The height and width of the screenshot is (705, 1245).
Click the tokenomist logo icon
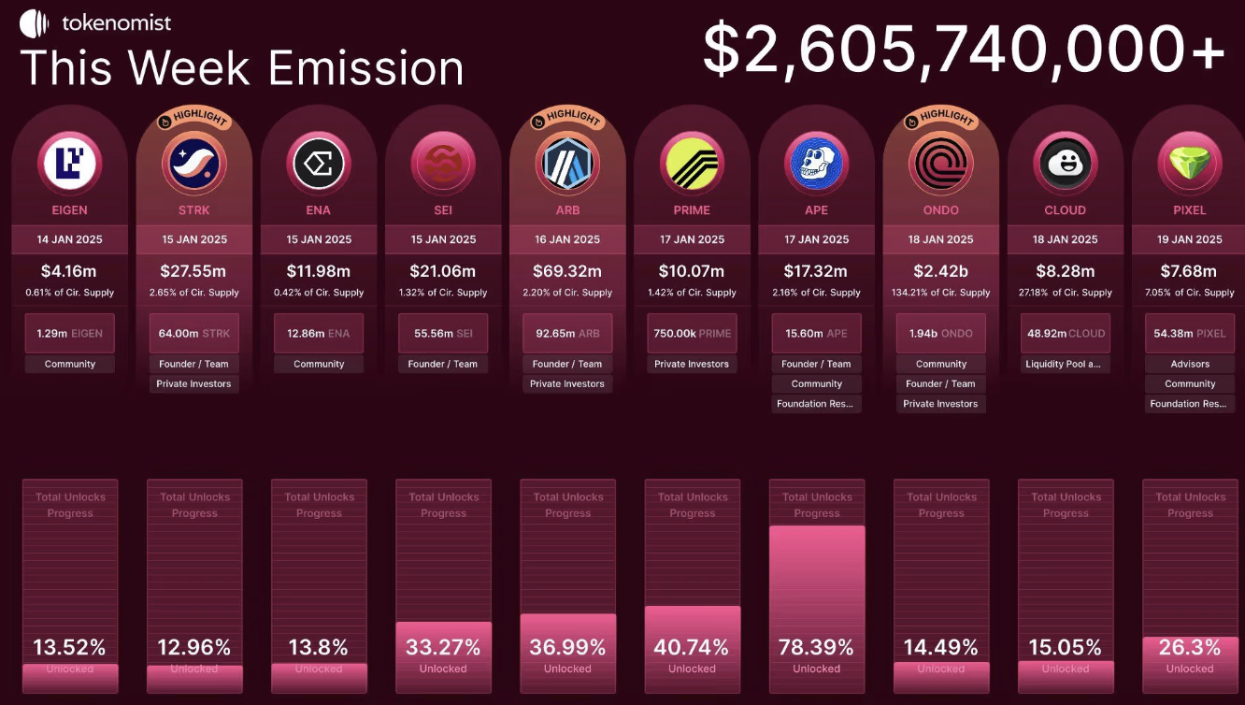click(34, 22)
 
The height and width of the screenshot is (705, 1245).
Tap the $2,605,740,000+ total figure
click(964, 50)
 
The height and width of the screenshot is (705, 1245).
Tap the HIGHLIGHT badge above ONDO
click(940, 119)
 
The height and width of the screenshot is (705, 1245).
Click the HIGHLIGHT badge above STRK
click(193, 119)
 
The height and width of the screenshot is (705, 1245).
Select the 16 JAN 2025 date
click(567, 239)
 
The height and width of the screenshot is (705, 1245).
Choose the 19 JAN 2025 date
click(1190, 239)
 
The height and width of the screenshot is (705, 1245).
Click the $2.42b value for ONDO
click(941, 271)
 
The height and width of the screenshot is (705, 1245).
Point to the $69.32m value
click(567, 271)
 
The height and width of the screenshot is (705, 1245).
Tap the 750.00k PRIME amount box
click(692, 334)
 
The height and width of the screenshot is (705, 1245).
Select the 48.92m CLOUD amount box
click(1066, 334)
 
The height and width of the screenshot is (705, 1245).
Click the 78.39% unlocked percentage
click(816, 647)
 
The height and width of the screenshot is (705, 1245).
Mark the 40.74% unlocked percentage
click(692, 647)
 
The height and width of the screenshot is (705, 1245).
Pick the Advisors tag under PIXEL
click(1190, 364)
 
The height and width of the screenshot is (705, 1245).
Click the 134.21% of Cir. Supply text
click(941, 293)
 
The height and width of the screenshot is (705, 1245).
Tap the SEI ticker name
click(443, 210)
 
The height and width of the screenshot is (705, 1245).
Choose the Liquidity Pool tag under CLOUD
click(1066, 364)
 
